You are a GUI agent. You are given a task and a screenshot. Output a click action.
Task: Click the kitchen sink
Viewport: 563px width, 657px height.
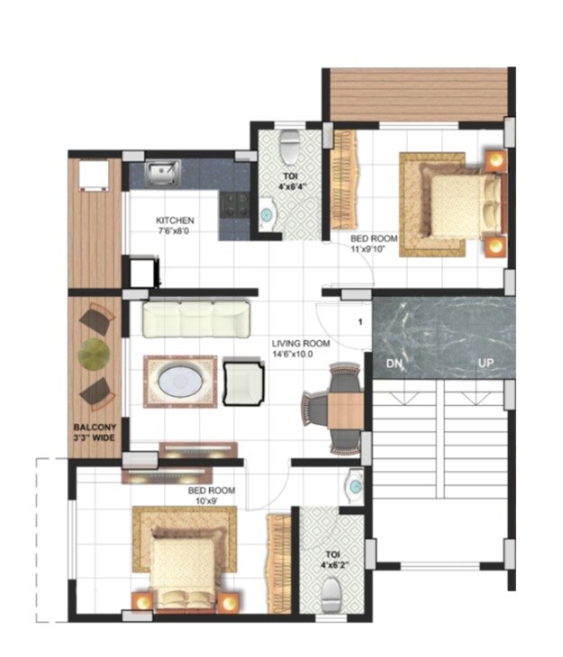[163, 171]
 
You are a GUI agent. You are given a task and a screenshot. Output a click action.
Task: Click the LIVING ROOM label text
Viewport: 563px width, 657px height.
[301, 344]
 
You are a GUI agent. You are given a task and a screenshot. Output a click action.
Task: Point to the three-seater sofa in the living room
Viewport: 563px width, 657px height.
[195, 319]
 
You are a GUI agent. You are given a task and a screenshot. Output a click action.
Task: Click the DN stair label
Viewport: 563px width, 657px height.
[393, 364]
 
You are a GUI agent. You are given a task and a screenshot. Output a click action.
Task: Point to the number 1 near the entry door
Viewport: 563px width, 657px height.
[359, 321]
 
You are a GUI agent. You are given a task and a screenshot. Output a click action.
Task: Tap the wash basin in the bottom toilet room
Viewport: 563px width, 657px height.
[354, 487]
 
